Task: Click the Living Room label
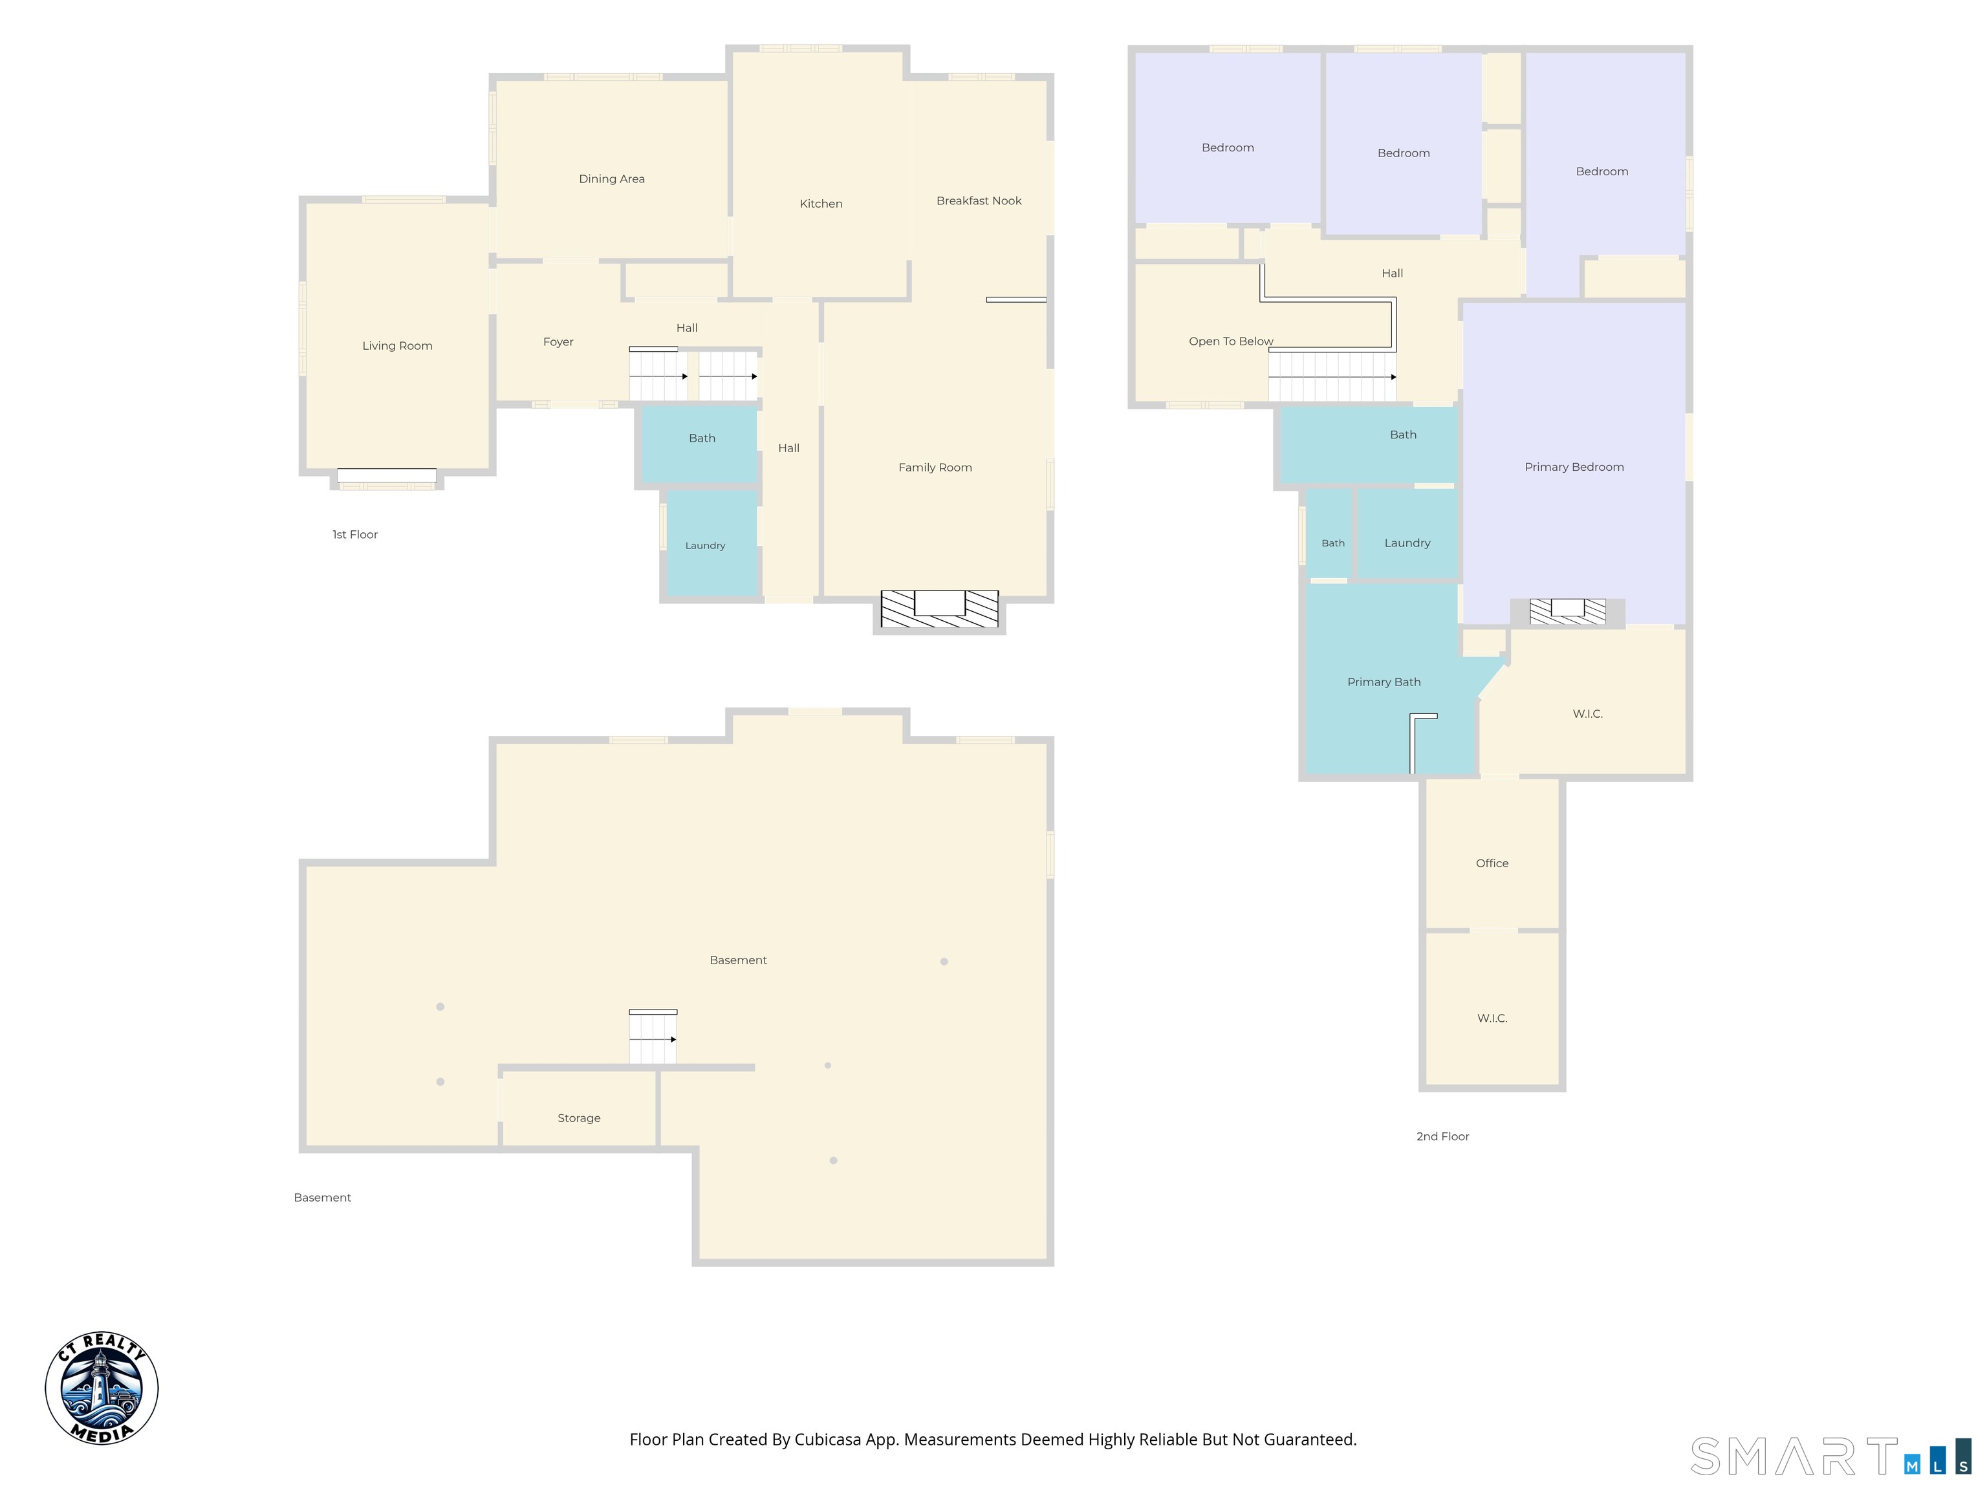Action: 397,346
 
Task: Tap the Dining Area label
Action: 612,178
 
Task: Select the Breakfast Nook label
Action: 979,200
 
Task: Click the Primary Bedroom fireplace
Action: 1567,610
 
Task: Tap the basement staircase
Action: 653,1037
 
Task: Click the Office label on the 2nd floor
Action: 1492,863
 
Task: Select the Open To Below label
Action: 1231,341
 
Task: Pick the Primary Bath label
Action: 1384,682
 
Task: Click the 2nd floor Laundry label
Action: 1407,543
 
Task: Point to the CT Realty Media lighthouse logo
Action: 102,1388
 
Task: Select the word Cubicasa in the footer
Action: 827,1440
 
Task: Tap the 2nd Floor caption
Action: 1442,1136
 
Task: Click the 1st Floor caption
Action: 355,534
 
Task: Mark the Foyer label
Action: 558,342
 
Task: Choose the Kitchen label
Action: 821,204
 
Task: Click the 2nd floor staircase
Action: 1332,376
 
